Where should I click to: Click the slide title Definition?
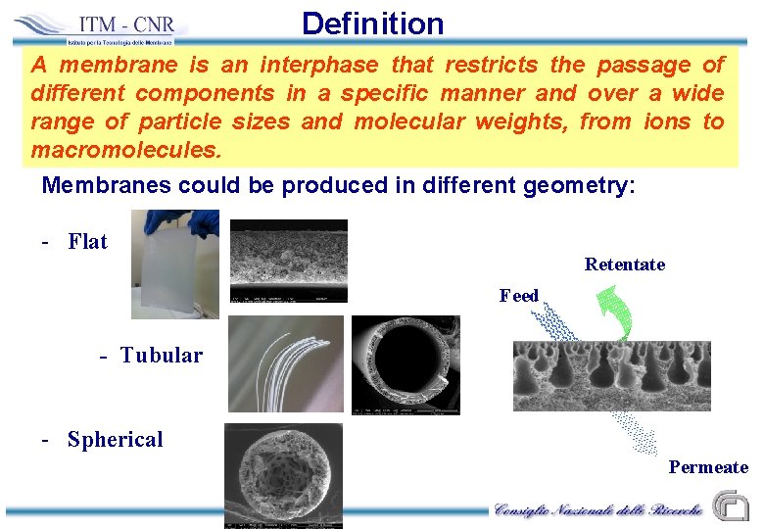point(372,23)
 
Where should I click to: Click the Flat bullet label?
point(87,242)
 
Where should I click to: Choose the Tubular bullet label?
point(161,356)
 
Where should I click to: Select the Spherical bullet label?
point(115,440)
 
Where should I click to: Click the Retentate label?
point(624,264)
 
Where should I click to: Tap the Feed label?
point(518,296)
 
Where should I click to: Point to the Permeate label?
point(707,467)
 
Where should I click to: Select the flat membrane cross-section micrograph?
point(288,261)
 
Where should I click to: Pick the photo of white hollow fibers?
point(285,363)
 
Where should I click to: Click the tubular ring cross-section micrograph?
point(406,364)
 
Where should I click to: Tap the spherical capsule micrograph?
point(283,475)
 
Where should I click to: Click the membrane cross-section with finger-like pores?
point(611,376)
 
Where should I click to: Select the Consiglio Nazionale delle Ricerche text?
point(597,510)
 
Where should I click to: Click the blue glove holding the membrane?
point(203,222)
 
